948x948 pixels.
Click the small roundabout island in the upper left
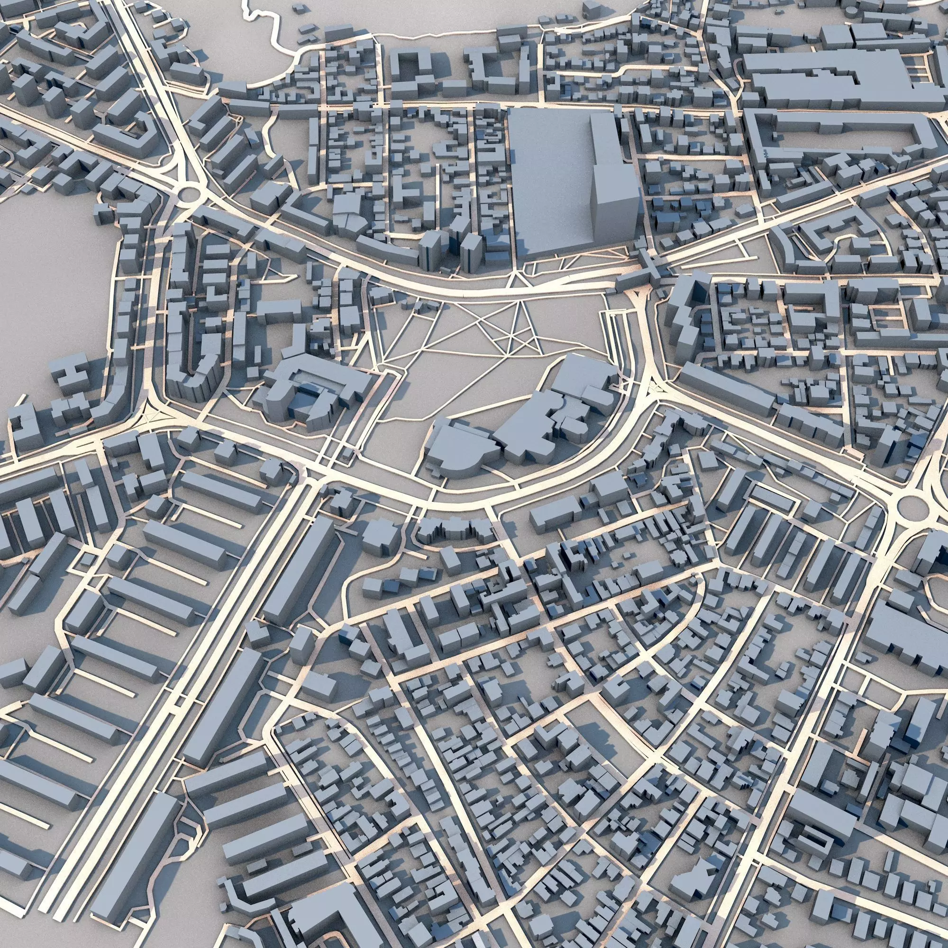click(x=190, y=195)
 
